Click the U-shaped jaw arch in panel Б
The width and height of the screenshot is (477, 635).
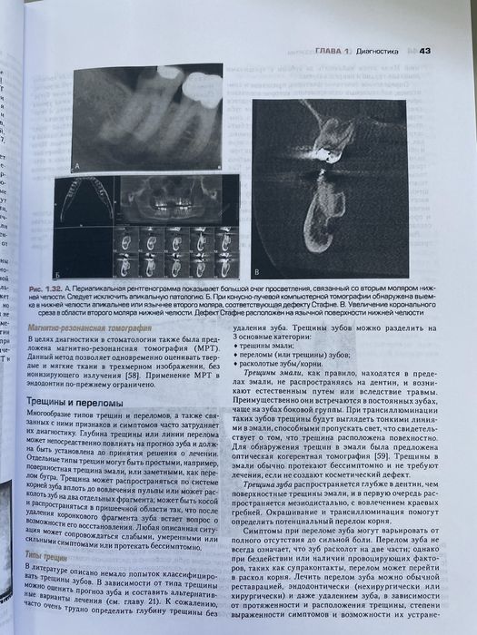pos(84,200)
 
